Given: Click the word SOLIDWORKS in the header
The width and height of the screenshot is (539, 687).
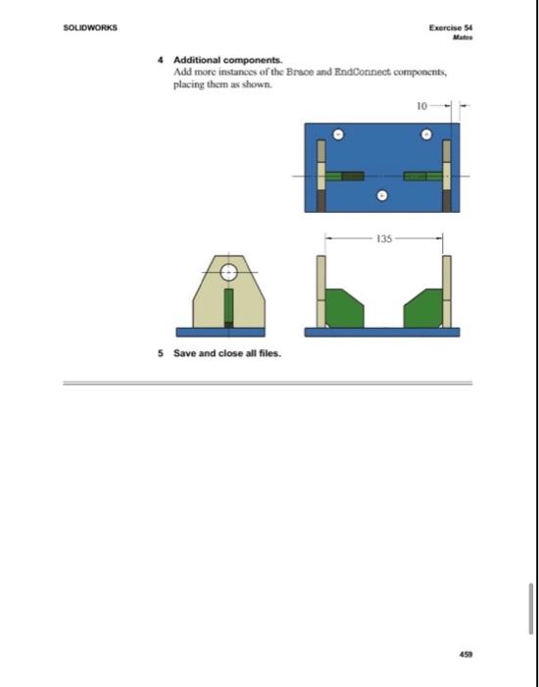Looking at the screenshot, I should pyautogui.click(x=91, y=28).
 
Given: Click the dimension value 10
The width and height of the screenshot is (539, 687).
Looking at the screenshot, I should pyautogui.click(x=419, y=103).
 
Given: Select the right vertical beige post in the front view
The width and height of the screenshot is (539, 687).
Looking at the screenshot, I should pyautogui.click(x=447, y=291).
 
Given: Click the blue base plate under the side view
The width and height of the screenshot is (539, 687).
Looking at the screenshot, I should pyautogui.click(x=228, y=332).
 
